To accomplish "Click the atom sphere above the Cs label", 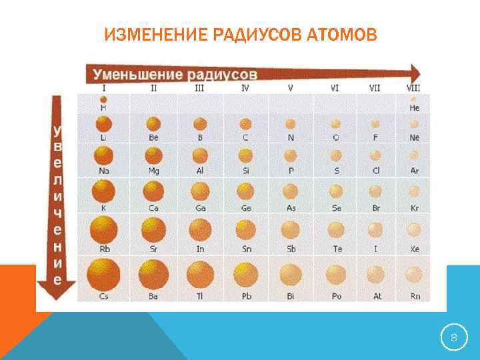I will coord(103,275).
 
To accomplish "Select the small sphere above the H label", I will coord(103,99).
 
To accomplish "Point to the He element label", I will coord(415,107).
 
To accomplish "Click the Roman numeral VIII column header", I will coord(413,87).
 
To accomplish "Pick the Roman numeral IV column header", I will coord(245,87).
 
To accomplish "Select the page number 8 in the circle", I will coord(453,338).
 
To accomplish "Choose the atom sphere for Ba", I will coord(153,275).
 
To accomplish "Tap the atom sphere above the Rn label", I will coord(414,275).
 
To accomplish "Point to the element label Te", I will coord(337,249).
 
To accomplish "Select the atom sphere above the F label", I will coord(376,124).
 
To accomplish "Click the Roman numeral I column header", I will coord(103,87).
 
